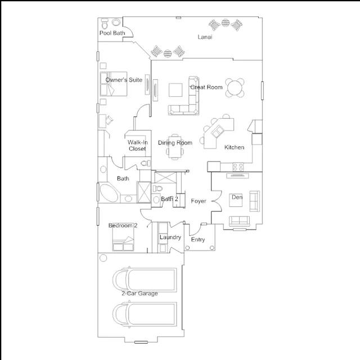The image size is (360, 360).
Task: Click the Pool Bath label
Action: [x=112, y=33]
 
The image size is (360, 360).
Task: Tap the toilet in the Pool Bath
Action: [x=105, y=24]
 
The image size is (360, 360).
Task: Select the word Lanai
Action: [x=205, y=37]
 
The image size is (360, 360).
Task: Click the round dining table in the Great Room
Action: [x=235, y=88]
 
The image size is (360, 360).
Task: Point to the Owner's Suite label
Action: [x=124, y=80]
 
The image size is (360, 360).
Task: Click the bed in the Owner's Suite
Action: [x=114, y=84]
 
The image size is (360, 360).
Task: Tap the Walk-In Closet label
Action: [x=137, y=146]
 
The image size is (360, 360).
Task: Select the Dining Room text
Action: [x=175, y=143]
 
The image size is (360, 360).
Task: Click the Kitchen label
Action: [x=234, y=147]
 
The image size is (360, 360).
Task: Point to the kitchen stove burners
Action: [x=238, y=166]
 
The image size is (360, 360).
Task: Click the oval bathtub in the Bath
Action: [x=109, y=192]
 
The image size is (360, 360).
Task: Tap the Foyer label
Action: [x=199, y=201]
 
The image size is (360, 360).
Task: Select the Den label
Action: [x=237, y=197]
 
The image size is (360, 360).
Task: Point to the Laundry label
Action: [x=170, y=237]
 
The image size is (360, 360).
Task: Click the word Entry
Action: [x=198, y=240]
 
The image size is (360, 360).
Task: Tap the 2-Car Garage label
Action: [x=139, y=294]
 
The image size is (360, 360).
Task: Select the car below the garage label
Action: [x=145, y=314]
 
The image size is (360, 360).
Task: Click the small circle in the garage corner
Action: [x=103, y=258]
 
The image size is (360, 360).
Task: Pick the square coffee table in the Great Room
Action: [x=175, y=90]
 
